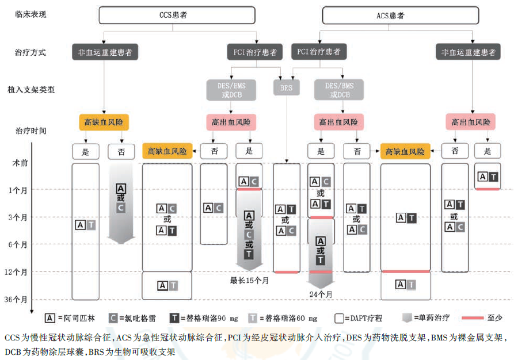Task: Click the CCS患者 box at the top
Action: click(x=177, y=15)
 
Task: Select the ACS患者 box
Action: click(x=401, y=16)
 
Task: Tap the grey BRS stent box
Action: click(x=286, y=87)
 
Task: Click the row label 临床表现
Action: click(x=31, y=14)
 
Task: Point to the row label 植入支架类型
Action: click(x=31, y=90)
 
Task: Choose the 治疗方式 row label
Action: click(x=30, y=52)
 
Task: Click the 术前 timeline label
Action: click(x=20, y=163)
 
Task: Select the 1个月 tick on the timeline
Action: click(x=18, y=190)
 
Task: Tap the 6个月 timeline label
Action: click(x=18, y=244)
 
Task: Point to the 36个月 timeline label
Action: click(x=16, y=300)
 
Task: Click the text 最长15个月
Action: click(x=249, y=281)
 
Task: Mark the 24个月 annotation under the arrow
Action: click(x=321, y=294)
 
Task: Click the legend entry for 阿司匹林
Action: click(x=70, y=318)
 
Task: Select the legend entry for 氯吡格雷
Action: click(x=132, y=318)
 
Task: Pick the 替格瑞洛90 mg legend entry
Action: click(x=204, y=318)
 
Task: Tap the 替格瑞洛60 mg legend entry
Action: click(x=283, y=318)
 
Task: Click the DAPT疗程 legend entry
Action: click(x=358, y=318)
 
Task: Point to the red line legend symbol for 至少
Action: click(x=473, y=318)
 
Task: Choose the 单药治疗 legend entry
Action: click(x=426, y=318)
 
